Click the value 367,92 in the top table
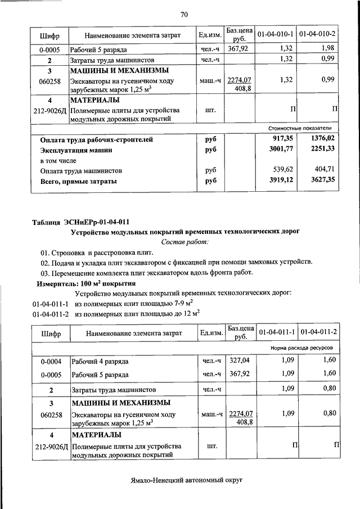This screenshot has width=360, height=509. tap(239, 49)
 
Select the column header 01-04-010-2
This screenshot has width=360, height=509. tap(318, 35)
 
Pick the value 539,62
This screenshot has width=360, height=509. tap(282, 170)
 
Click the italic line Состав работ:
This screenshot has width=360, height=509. tap(184, 242)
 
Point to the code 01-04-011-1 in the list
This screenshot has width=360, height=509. tap(50, 304)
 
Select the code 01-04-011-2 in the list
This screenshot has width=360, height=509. tap(50, 314)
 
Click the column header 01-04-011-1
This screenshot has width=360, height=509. tap(277, 333)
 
